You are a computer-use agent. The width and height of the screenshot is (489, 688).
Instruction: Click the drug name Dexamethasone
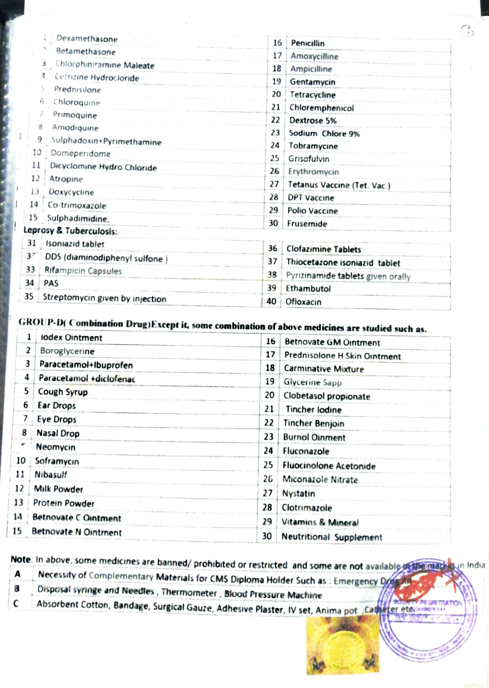(x=87, y=38)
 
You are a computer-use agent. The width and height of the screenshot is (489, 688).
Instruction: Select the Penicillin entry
(x=307, y=44)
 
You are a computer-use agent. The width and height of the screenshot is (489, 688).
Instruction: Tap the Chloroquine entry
(x=77, y=102)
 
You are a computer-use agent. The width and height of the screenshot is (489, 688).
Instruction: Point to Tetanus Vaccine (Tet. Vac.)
(x=339, y=185)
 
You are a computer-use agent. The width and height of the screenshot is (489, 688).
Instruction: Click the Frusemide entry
(x=307, y=224)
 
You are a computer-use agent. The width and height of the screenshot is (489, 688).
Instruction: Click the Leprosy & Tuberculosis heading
(x=70, y=231)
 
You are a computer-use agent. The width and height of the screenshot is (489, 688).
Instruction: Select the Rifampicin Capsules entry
(x=83, y=271)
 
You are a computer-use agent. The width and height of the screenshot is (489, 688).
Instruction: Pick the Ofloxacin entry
(x=303, y=302)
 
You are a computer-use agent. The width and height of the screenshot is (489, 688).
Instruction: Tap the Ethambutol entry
(x=308, y=289)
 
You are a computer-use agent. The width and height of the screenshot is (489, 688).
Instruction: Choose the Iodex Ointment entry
(x=71, y=337)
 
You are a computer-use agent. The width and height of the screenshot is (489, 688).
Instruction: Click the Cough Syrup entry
(x=63, y=392)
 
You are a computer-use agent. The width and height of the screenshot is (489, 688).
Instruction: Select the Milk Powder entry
(x=59, y=489)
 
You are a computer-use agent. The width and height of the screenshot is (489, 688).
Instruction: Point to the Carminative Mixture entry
(x=324, y=369)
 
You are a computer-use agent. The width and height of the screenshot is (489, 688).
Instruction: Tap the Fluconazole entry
(x=306, y=451)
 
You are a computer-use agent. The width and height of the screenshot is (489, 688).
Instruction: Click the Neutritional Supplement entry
(x=331, y=537)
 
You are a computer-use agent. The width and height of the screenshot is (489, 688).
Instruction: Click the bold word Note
(x=21, y=559)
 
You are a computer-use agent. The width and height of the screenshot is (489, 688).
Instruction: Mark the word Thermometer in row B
(x=189, y=593)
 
